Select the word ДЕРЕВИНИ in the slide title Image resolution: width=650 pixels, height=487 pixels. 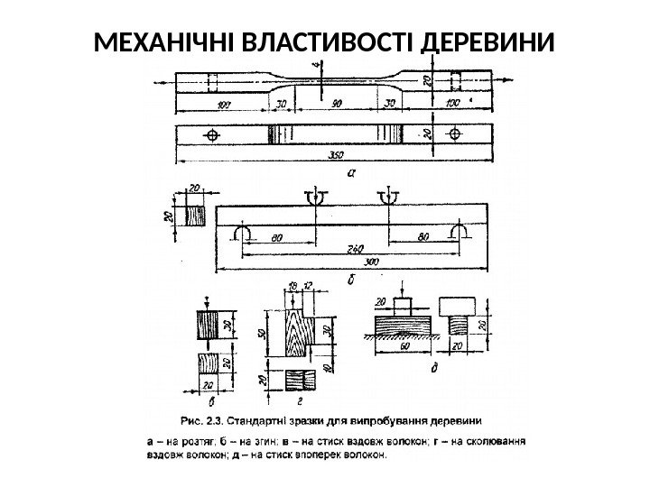(486, 43)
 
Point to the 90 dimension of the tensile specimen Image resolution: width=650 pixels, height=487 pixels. (334, 104)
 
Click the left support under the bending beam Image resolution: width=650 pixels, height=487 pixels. (241, 234)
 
